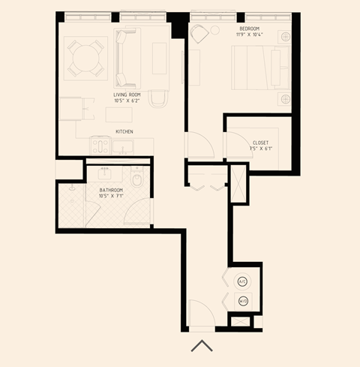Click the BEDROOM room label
pyautogui.click(x=249, y=27)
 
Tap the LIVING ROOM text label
pyautogui.click(x=128, y=95)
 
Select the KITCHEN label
pyautogui.click(x=124, y=131)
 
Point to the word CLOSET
pyautogui.click(x=260, y=143)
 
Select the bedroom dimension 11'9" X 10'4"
pyautogui.click(x=249, y=35)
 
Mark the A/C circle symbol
pyautogui.click(x=242, y=281)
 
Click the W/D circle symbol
pyautogui.click(x=242, y=301)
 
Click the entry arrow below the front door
pyautogui.click(x=202, y=345)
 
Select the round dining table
pyautogui.click(x=85, y=58)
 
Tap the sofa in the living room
pyautogui.click(x=127, y=58)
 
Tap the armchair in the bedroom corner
pyautogui.click(x=200, y=34)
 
